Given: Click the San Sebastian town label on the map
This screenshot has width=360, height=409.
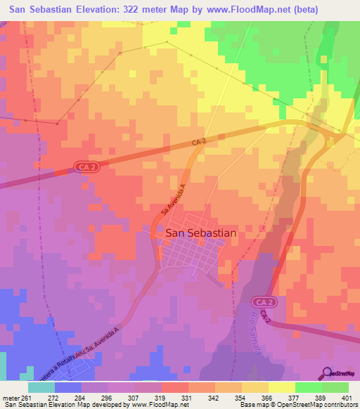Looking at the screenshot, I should pos(200,233).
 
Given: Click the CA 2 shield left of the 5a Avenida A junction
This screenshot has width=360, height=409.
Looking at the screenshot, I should pos(85,167).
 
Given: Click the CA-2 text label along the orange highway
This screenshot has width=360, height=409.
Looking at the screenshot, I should pos(199,143).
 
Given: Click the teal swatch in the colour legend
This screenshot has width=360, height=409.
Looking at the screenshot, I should pos(41,387).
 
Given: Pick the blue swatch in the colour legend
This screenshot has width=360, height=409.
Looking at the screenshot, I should pos(68,387).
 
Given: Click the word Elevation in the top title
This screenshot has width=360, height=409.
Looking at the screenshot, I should pos(91,10).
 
